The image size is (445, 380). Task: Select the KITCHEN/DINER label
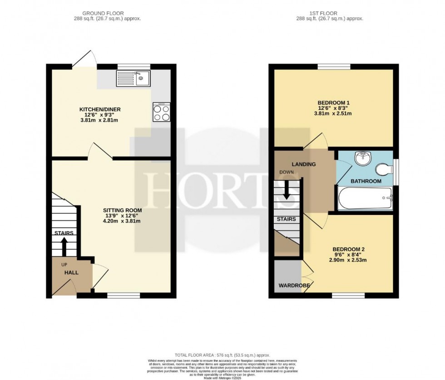click(x=100, y=109)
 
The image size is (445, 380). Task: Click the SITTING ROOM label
click(x=122, y=210)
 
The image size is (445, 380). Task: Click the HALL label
click(x=71, y=273)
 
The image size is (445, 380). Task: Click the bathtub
click(x=365, y=198)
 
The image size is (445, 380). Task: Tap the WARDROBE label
click(x=294, y=286)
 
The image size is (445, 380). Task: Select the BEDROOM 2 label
click(x=349, y=249)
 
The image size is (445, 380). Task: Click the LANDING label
click(x=303, y=164)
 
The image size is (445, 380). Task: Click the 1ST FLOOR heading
click(x=331, y=13)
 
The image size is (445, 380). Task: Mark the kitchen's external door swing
click(x=86, y=58)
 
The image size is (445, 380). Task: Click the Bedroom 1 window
click(x=333, y=67)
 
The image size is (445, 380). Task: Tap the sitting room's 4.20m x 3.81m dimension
click(x=122, y=222)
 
